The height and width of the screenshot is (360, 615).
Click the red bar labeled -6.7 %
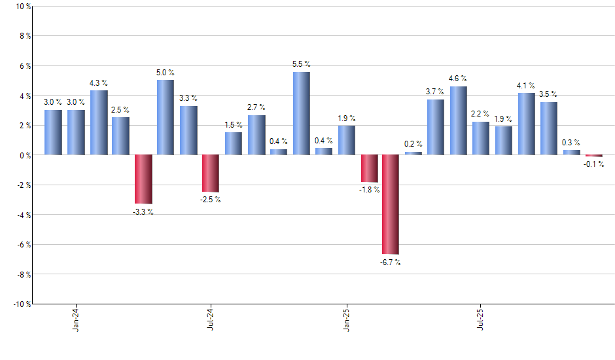click(391, 204)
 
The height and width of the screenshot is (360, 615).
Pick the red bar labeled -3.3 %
click(143, 179)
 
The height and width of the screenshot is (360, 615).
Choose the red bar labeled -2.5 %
click(211, 173)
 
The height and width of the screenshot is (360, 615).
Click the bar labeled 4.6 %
click(458, 120)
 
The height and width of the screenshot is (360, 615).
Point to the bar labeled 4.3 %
click(99, 122)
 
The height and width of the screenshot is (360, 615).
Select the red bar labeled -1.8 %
click(370, 168)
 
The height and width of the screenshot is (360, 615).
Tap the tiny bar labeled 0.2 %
click(413, 153)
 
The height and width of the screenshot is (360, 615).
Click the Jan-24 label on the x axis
click(76, 318)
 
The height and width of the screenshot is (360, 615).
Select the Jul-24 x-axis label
click(211, 318)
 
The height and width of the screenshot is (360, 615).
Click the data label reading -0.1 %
click(594, 164)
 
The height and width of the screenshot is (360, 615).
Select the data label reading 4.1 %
click(526, 86)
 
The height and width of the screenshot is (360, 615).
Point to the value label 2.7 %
click(256, 107)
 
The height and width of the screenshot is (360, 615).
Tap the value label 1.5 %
click(233, 125)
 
